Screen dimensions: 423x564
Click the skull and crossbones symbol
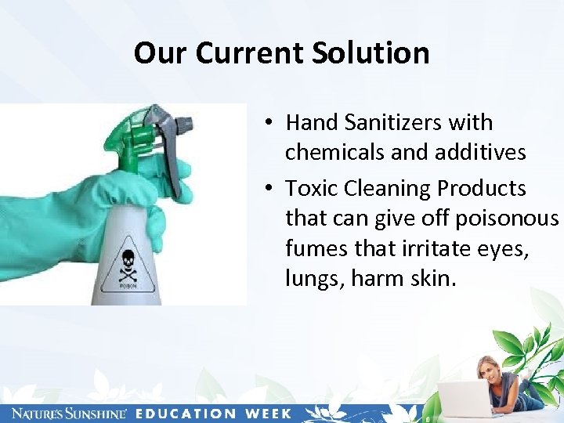click(128, 265)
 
